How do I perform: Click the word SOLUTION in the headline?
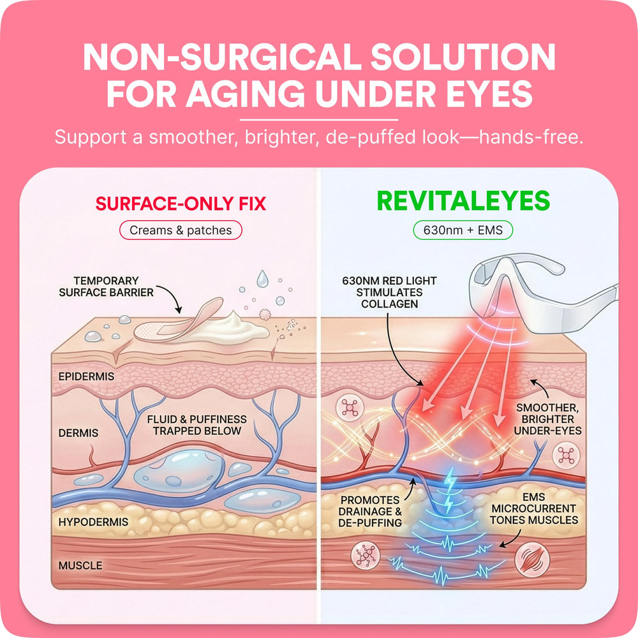[x=463, y=57]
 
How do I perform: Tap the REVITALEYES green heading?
[x=463, y=201]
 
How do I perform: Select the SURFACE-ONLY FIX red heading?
[x=181, y=204]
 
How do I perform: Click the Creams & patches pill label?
[x=181, y=230]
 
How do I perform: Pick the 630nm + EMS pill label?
[x=463, y=230]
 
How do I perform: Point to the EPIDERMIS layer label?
[x=86, y=376]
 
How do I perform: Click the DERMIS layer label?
[x=78, y=433]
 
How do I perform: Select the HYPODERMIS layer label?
[x=93, y=522]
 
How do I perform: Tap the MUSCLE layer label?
[x=80, y=565]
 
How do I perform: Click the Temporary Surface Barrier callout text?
[x=106, y=286]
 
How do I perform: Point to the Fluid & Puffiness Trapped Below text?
[x=197, y=425]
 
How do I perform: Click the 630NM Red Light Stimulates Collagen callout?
[x=389, y=293]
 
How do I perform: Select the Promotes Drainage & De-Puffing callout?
[x=370, y=512]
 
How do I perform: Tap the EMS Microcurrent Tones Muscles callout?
[x=534, y=508]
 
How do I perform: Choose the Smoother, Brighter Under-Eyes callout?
[x=547, y=420]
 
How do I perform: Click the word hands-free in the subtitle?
[x=531, y=137]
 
